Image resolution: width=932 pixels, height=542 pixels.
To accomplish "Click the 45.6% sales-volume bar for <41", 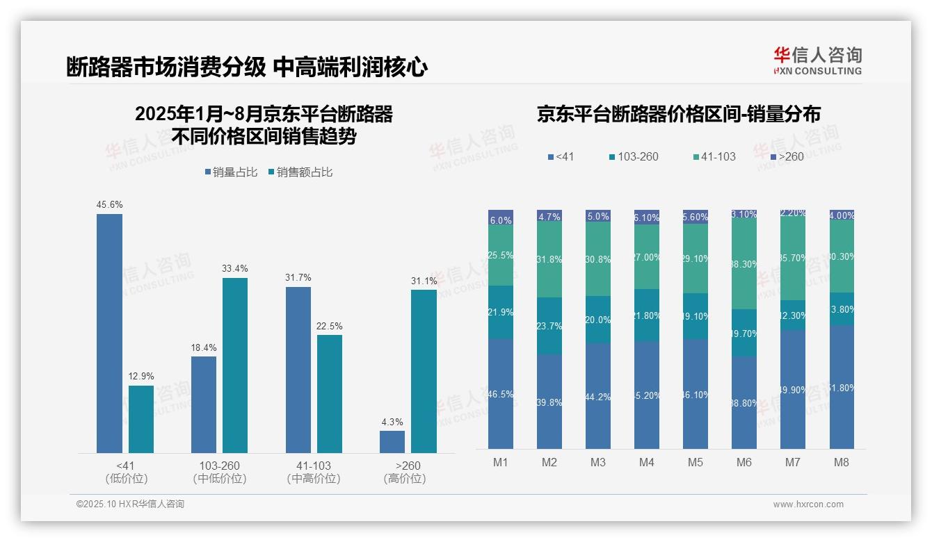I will (x=109, y=334).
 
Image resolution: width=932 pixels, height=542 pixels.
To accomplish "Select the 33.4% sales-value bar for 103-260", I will (x=235, y=366).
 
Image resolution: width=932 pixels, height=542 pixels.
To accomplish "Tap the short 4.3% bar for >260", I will (x=392, y=442).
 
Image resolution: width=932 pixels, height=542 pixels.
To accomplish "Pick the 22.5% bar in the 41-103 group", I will (x=330, y=394).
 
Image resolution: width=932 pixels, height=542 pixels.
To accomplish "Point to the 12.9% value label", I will (x=141, y=376).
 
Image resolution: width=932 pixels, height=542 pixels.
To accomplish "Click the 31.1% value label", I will (x=424, y=281).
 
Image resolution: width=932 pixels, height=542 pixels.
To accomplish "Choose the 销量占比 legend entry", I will (x=235, y=172).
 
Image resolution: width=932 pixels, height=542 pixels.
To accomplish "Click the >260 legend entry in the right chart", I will (x=786, y=157).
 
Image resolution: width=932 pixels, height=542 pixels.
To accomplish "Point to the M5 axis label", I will (x=696, y=462).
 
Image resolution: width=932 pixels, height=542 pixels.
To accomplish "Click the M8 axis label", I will (x=841, y=462).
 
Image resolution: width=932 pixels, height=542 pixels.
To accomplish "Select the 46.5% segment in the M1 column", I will (x=501, y=394).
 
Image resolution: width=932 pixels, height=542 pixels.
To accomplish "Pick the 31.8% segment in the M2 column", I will (x=549, y=259).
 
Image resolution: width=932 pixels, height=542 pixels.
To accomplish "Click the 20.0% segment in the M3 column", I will (x=598, y=320).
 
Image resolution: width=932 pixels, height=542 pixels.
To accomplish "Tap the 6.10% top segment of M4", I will (x=647, y=217).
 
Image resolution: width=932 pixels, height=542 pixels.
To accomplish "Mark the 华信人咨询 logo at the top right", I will (x=817, y=60).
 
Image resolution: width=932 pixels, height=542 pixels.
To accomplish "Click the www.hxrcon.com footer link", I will (x=808, y=504).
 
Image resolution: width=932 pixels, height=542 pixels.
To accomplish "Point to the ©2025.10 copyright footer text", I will (x=130, y=504).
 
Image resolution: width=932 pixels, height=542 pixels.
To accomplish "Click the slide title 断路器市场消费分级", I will (x=166, y=67).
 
